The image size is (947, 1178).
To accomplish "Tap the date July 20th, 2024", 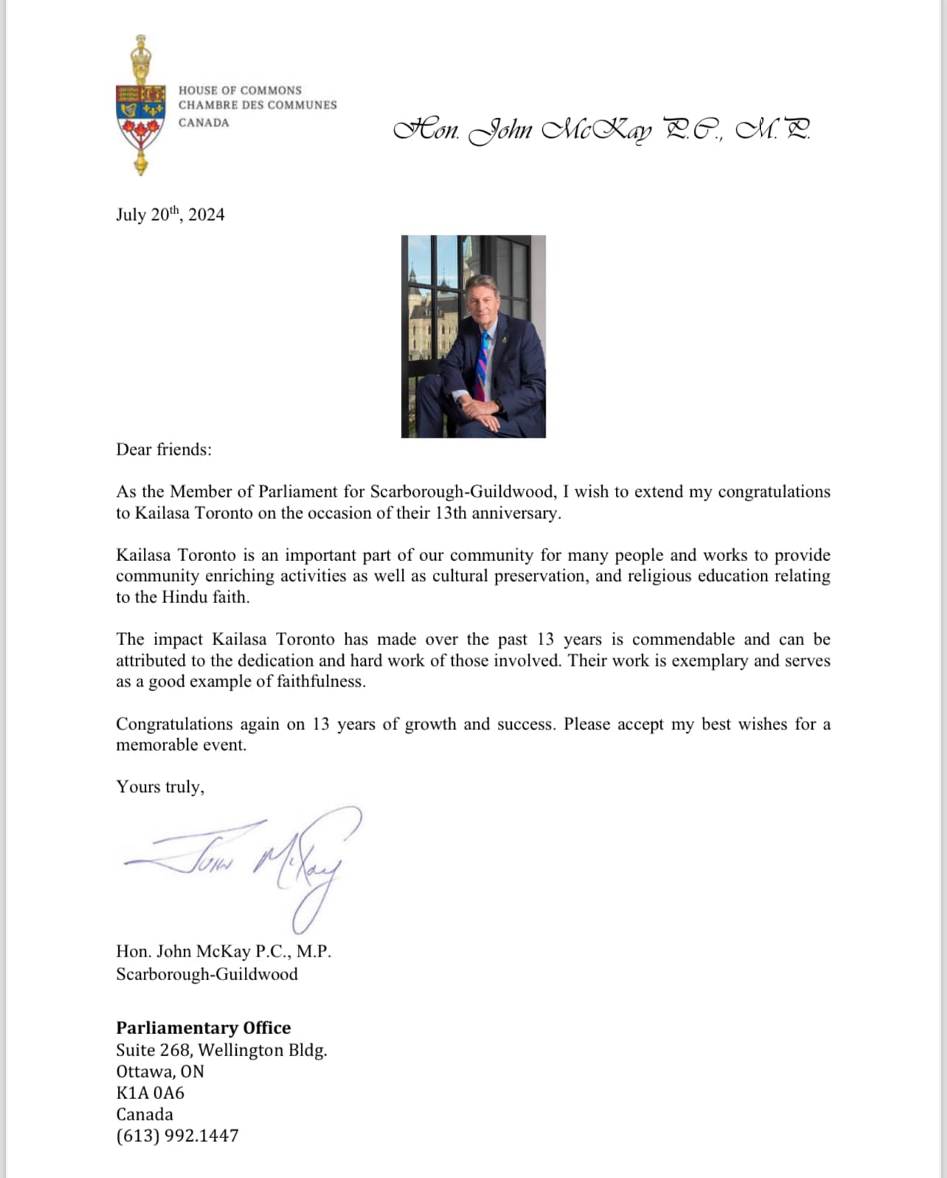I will click(x=170, y=215).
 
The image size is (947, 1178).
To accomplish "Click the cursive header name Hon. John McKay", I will click(x=601, y=130).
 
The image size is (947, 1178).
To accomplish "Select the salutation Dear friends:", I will click(x=163, y=449).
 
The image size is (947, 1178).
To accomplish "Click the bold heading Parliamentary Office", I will click(x=203, y=1027).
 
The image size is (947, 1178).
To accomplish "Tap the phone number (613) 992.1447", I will click(x=177, y=1135).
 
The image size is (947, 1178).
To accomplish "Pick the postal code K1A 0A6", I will click(x=150, y=1092).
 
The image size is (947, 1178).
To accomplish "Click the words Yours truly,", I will click(x=160, y=787).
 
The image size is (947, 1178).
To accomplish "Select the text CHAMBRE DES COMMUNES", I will click(x=257, y=106).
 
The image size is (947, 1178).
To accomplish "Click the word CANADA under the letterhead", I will click(x=204, y=123).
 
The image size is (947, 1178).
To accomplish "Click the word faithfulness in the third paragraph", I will click(x=320, y=681).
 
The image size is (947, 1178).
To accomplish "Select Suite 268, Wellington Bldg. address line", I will click(x=221, y=1050).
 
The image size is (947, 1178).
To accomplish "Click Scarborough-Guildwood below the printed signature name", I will click(x=207, y=974).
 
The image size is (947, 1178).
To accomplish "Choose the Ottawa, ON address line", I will click(x=160, y=1071).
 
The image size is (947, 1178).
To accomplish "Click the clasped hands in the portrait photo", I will click(x=477, y=407).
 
